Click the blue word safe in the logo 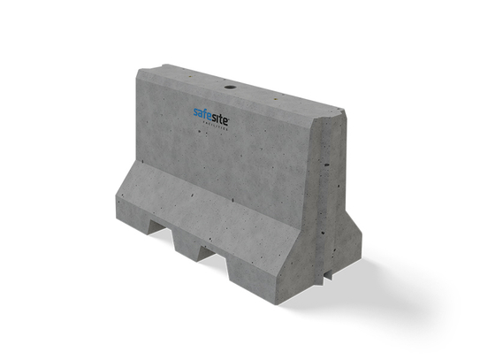[x=202, y=114]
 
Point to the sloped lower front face [x=212, y=208]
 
